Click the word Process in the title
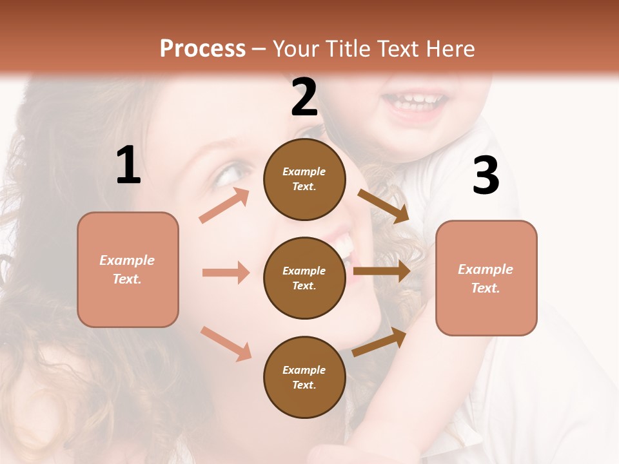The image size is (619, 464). [x=202, y=49]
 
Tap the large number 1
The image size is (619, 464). [x=128, y=166]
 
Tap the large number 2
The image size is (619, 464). [x=304, y=97]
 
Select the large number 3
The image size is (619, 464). [x=486, y=176]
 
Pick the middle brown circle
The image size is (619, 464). [x=304, y=278]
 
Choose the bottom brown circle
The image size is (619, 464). [x=304, y=377]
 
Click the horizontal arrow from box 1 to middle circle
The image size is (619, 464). [x=226, y=273]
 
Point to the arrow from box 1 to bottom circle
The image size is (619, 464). [x=226, y=343]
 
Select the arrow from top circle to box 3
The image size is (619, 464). [x=384, y=206]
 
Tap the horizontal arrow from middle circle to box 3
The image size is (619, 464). [x=382, y=271]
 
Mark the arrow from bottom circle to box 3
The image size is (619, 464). [x=380, y=342]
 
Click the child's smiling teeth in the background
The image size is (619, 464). [x=414, y=101]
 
